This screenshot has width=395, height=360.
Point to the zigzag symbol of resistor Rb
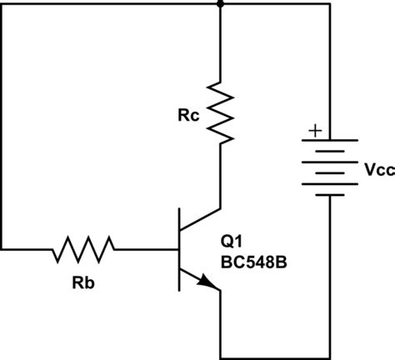(x=84, y=248)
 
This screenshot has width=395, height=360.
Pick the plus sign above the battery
(x=314, y=130)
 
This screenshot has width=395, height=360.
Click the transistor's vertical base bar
(x=179, y=248)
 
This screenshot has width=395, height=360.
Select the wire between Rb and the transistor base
(x=146, y=248)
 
